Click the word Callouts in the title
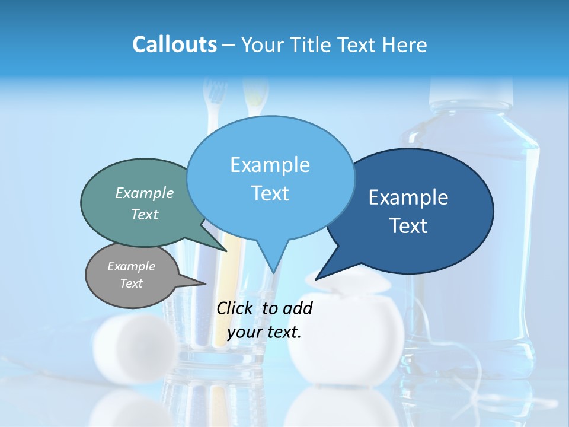point(174,44)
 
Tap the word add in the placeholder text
point(298,308)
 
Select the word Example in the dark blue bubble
point(408,197)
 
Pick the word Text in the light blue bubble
point(270,193)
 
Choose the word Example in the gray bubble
point(132,266)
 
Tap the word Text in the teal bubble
point(145,214)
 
